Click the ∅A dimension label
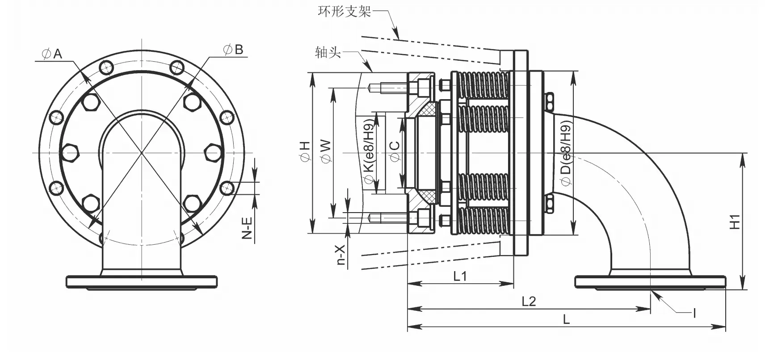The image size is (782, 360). click(52, 54)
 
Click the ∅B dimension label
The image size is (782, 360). click(233, 49)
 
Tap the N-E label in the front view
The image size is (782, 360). click(247, 228)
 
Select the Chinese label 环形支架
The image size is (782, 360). click(344, 11)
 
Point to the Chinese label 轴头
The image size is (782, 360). click(328, 52)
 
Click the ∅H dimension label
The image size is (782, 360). click(305, 151)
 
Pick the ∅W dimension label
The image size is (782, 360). click(326, 151)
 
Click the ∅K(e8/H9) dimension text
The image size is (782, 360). click(369, 151)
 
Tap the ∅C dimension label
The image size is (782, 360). click(395, 151)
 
